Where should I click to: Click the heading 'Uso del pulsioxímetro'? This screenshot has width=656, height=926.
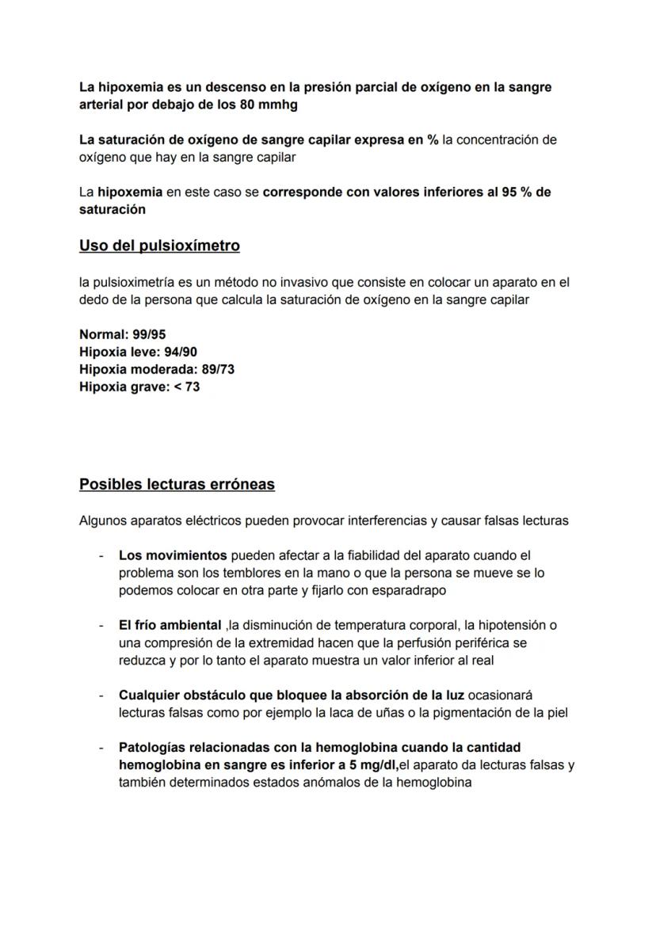(x=159, y=246)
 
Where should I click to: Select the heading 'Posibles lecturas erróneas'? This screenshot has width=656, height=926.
(x=177, y=484)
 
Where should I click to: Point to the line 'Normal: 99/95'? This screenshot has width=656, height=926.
(x=122, y=334)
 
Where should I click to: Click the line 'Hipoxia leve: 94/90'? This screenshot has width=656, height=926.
(x=138, y=352)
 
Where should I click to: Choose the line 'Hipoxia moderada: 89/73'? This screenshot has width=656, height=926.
(x=156, y=369)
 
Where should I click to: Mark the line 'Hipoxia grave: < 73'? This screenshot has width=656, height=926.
(x=139, y=387)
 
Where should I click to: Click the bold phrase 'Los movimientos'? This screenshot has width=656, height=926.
(x=173, y=555)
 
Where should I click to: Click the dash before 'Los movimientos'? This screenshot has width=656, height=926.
(x=101, y=555)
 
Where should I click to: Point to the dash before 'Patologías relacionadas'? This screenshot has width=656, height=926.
(x=101, y=747)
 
